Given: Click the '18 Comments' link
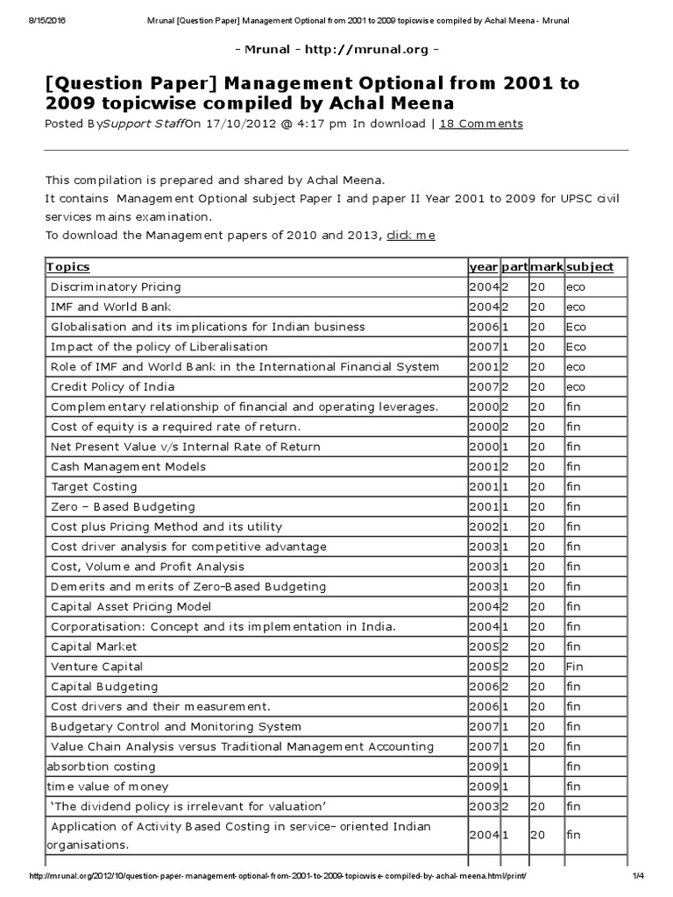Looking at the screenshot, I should coord(480,124).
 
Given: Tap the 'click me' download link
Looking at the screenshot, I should coord(411,235).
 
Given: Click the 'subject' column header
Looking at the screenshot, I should coord(590,266).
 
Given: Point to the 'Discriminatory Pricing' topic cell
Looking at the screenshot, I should coord(116,286).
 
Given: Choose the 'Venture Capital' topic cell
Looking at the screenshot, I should coord(96,667).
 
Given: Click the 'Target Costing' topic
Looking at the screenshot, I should coord(94,486).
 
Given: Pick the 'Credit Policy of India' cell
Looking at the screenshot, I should coord(112,386).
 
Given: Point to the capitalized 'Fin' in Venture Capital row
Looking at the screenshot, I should coord(574,667).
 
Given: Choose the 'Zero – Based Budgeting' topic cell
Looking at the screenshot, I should coord(123,506).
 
